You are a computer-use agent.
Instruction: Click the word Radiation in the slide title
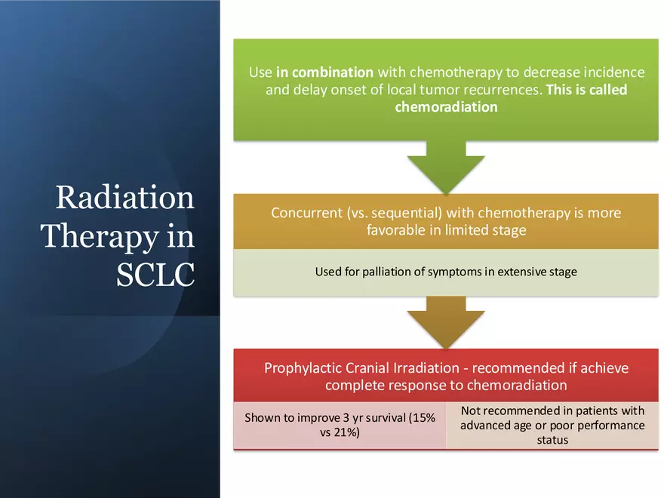124,198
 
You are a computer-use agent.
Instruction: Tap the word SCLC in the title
155,275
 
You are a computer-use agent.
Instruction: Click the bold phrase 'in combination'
324,72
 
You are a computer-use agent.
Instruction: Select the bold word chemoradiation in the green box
446,107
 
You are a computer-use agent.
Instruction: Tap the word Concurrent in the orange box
305,213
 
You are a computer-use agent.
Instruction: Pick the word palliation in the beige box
380,272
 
